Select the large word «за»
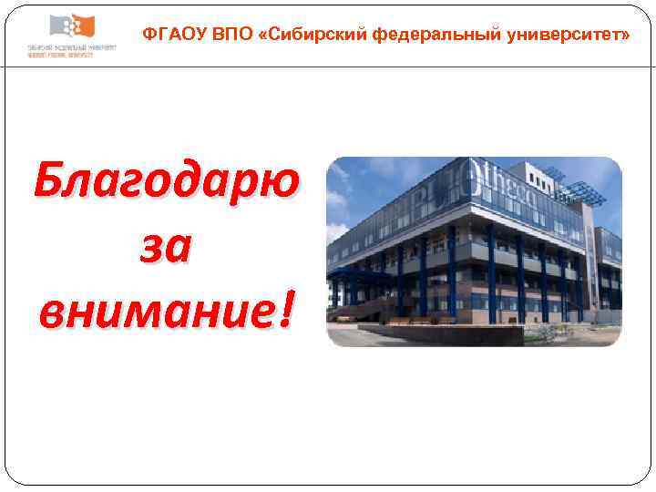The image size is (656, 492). tap(165, 248)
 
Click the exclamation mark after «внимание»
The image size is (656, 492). tap(288, 310)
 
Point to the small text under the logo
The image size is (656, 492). tap(71, 49)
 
